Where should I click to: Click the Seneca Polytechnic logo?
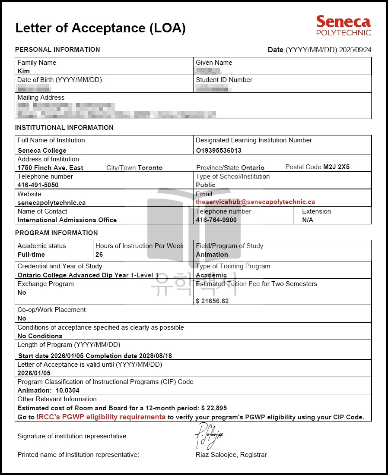point(343,25)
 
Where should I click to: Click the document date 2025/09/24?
point(355,50)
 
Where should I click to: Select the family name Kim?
point(24,71)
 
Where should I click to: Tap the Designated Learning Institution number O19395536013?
point(218,151)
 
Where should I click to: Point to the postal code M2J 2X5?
point(336,167)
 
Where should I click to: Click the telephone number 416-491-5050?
point(38,185)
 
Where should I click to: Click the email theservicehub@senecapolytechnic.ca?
point(255,202)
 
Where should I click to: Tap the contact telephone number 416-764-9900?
point(216,220)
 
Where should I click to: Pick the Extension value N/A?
point(308,220)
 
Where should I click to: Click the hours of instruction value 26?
point(99,255)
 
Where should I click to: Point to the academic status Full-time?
point(31,255)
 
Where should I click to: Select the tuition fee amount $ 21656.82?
point(212,301)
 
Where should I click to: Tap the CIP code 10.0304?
point(67,390)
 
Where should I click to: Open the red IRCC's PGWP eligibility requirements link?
point(101,417)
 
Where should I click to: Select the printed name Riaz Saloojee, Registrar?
point(231,455)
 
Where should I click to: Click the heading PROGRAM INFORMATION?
point(57,233)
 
